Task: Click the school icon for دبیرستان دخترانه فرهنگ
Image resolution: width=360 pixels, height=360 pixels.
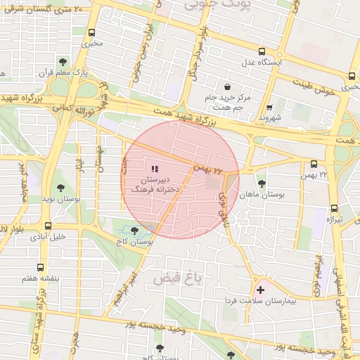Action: (x=155, y=169)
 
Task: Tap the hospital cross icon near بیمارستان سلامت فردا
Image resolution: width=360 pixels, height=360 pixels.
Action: (x=261, y=290)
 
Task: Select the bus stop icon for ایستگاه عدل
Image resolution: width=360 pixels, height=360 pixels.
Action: (x=262, y=51)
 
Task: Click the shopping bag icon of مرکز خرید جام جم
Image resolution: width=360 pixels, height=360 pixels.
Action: (x=229, y=81)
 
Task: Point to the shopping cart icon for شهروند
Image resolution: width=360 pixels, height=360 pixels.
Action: (x=270, y=108)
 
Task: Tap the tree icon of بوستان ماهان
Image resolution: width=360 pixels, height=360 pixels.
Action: (x=262, y=182)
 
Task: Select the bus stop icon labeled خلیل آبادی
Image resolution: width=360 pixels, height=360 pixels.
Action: (x=48, y=226)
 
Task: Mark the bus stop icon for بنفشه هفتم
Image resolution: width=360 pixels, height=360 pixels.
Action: (x=40, y=268)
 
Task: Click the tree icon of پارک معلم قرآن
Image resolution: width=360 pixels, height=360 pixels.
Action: (x=63, y=63)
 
